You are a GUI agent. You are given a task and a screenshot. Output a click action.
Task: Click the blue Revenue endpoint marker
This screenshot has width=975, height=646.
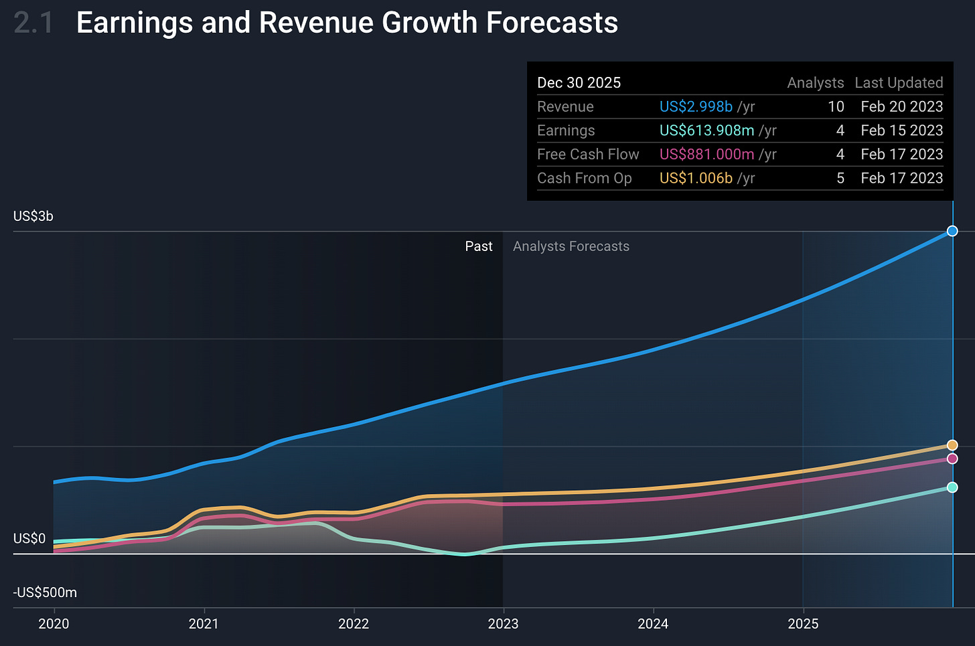coord(952,231)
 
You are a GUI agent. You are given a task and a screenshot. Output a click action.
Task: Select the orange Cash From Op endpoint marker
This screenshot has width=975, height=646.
coord(952,445)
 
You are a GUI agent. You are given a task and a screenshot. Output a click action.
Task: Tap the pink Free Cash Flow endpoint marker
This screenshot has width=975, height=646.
coord(952,459)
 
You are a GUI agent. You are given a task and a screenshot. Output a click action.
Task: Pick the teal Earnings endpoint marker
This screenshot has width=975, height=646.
coord(952,487)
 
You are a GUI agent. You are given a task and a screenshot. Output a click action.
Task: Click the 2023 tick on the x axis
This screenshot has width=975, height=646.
coord(503,624)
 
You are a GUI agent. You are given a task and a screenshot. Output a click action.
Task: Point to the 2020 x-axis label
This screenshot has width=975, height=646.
coord(54,624)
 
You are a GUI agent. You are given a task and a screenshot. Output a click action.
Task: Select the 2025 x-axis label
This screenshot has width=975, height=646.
coord(803,624)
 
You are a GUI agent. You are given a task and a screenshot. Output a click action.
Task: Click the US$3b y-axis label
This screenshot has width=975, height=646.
coord(33,216)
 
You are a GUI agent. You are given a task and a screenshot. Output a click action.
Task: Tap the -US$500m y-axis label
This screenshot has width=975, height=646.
coord(45,592)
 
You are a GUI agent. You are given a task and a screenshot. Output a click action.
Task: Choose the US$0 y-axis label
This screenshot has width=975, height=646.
coord(29,539)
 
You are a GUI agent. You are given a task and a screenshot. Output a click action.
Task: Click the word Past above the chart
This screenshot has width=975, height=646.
coord(479,246)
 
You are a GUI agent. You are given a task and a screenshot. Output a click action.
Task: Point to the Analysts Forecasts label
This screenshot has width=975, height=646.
coord(571,246)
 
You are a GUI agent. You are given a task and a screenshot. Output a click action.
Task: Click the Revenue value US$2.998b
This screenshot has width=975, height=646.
coord(696,106)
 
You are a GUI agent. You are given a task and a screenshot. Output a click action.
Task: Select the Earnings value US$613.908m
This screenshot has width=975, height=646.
coord(706,131)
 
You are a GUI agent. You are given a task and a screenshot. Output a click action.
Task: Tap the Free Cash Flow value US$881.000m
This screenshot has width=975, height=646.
coord(706,154)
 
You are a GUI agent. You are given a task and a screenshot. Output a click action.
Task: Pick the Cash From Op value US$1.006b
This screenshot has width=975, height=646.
coord(696,178)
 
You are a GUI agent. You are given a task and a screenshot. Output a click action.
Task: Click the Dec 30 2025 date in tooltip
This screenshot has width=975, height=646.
coord(579,83)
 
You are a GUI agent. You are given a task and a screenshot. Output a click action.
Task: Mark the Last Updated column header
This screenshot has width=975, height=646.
coord(899,83)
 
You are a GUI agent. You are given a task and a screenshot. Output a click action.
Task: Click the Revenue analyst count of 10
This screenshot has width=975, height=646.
coord(836,106)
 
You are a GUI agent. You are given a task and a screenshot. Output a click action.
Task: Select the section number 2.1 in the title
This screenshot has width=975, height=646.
coord(33,23)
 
